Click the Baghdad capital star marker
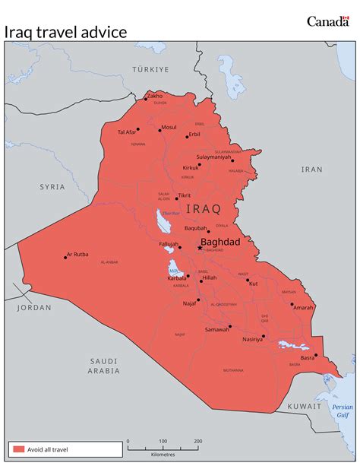pyautogui.click(x=200, y=247)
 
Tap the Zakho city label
pyautogui.click(x=155, y=96)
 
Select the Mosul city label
pyautogui.click(x=169, y=127)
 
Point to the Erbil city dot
pyautogui.click(x=187, y=135)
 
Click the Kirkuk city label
pyautogui.click(x=191, y=167)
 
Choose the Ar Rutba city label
pyautogui.click(x=77, y=255)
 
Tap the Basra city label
pyautogui.click(x=307, y=357)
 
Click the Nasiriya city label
pyautogui.click(x=252, y=340)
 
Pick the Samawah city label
pyautogui.click(x=217, y=329)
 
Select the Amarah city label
pyautogui.click(x=303, y=308)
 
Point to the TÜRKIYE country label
pyautogui.click(x=150, y=68)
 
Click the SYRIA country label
pyautogui.click(x=53, y=186)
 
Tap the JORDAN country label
pyautogui.click(x=34, y=308)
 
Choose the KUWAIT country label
pyautogui.click(x=304, y=407)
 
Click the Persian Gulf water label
pyautogui.click(x=343, y=411)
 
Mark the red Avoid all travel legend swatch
pyautogui.click(x=18, y=449)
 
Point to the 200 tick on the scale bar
pyautogui.click(x=197, y=441)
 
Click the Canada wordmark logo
pyautogui.click(x=328, y=21)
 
